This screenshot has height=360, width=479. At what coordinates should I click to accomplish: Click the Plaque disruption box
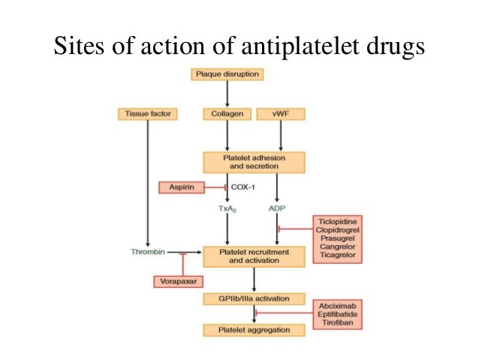[227, 74]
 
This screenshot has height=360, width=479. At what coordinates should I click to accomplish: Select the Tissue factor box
[147, 114]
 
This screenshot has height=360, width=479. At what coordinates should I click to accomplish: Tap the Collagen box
[227, 114]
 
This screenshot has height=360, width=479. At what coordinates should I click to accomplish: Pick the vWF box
[280, 114]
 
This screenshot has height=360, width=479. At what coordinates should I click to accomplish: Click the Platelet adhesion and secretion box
[255, 162]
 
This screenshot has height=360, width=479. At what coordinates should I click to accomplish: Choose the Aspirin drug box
[180, 187]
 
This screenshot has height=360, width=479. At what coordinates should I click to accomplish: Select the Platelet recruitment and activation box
[255, 256]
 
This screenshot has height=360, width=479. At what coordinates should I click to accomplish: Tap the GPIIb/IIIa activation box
[255, 299]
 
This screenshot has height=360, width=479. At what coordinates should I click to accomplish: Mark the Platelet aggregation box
[255, 330]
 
